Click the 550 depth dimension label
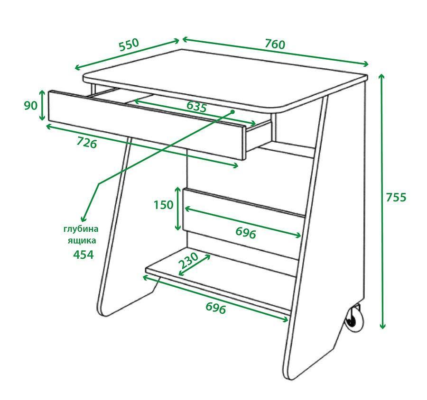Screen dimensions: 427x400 point(129,45)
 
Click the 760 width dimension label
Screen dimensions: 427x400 point(275,44)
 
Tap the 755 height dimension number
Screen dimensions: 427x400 point(396,197)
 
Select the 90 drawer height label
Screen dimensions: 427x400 point(30,105)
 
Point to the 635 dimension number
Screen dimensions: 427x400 point(196,106)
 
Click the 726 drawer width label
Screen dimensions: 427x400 point(87,143)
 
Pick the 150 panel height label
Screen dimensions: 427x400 point(163,205)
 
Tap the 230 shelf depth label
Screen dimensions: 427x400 point(188,260)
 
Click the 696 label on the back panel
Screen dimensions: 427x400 point(246,233)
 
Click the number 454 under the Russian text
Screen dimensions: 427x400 point(84,255)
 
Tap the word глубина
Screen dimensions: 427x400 point(81,229)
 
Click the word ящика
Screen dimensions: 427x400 point(82,241)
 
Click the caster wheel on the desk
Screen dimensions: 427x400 point(354,319)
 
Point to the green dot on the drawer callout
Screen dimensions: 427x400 point(232,111)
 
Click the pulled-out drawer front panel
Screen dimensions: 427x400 point(147,125)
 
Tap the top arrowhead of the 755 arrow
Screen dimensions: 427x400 point(381,77)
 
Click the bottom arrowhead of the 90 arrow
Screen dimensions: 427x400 point(42,117)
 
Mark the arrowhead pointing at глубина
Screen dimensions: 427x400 point(83,219)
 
